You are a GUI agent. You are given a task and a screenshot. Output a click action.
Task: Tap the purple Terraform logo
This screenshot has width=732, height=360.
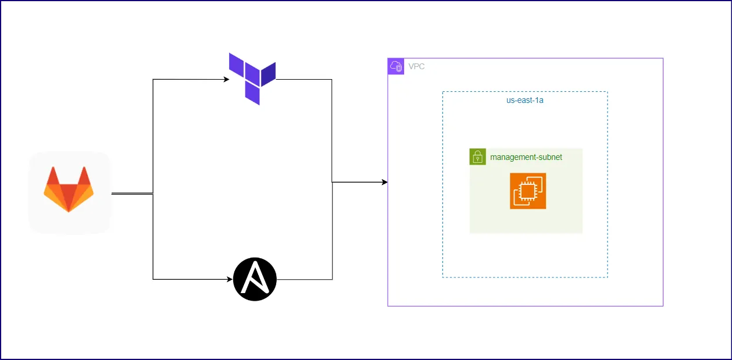[x=252, y=77]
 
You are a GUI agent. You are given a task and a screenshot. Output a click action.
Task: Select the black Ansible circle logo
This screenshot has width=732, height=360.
[x=255, y=279]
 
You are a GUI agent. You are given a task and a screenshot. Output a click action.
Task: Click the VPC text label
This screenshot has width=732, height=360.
[x=416, y=66]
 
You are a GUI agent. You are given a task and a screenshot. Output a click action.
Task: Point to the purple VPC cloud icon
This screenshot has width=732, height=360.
[x=396, y=66]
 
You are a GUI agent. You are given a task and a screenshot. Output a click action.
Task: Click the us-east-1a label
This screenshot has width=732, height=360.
[x=524, y=100]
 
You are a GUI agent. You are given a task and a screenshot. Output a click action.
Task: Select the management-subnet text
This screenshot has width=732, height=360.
[x=526, y=157]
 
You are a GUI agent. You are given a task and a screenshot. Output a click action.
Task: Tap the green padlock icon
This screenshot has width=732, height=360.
[x=477, y=157]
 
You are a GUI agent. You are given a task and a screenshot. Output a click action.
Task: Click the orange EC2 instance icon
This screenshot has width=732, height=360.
[x=528, y=191]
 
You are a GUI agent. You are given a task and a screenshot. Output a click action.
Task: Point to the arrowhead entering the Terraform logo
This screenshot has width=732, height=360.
[x=227, y=80]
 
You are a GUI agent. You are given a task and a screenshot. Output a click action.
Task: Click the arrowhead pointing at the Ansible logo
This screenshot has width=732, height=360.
[x=230, y=279]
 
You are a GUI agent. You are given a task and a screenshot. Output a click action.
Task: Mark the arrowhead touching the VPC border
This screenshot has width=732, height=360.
[x=384, y=182]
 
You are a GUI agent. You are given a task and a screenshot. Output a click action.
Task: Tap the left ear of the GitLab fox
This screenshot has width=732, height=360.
[x=52, y=176]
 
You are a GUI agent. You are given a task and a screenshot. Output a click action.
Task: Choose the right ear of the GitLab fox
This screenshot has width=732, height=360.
[x=85, y=176]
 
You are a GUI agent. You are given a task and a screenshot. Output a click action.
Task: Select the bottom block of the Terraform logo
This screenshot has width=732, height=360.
[x=252, y=94]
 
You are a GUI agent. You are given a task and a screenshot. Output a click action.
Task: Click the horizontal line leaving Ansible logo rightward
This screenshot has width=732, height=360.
[x=303, y=279]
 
